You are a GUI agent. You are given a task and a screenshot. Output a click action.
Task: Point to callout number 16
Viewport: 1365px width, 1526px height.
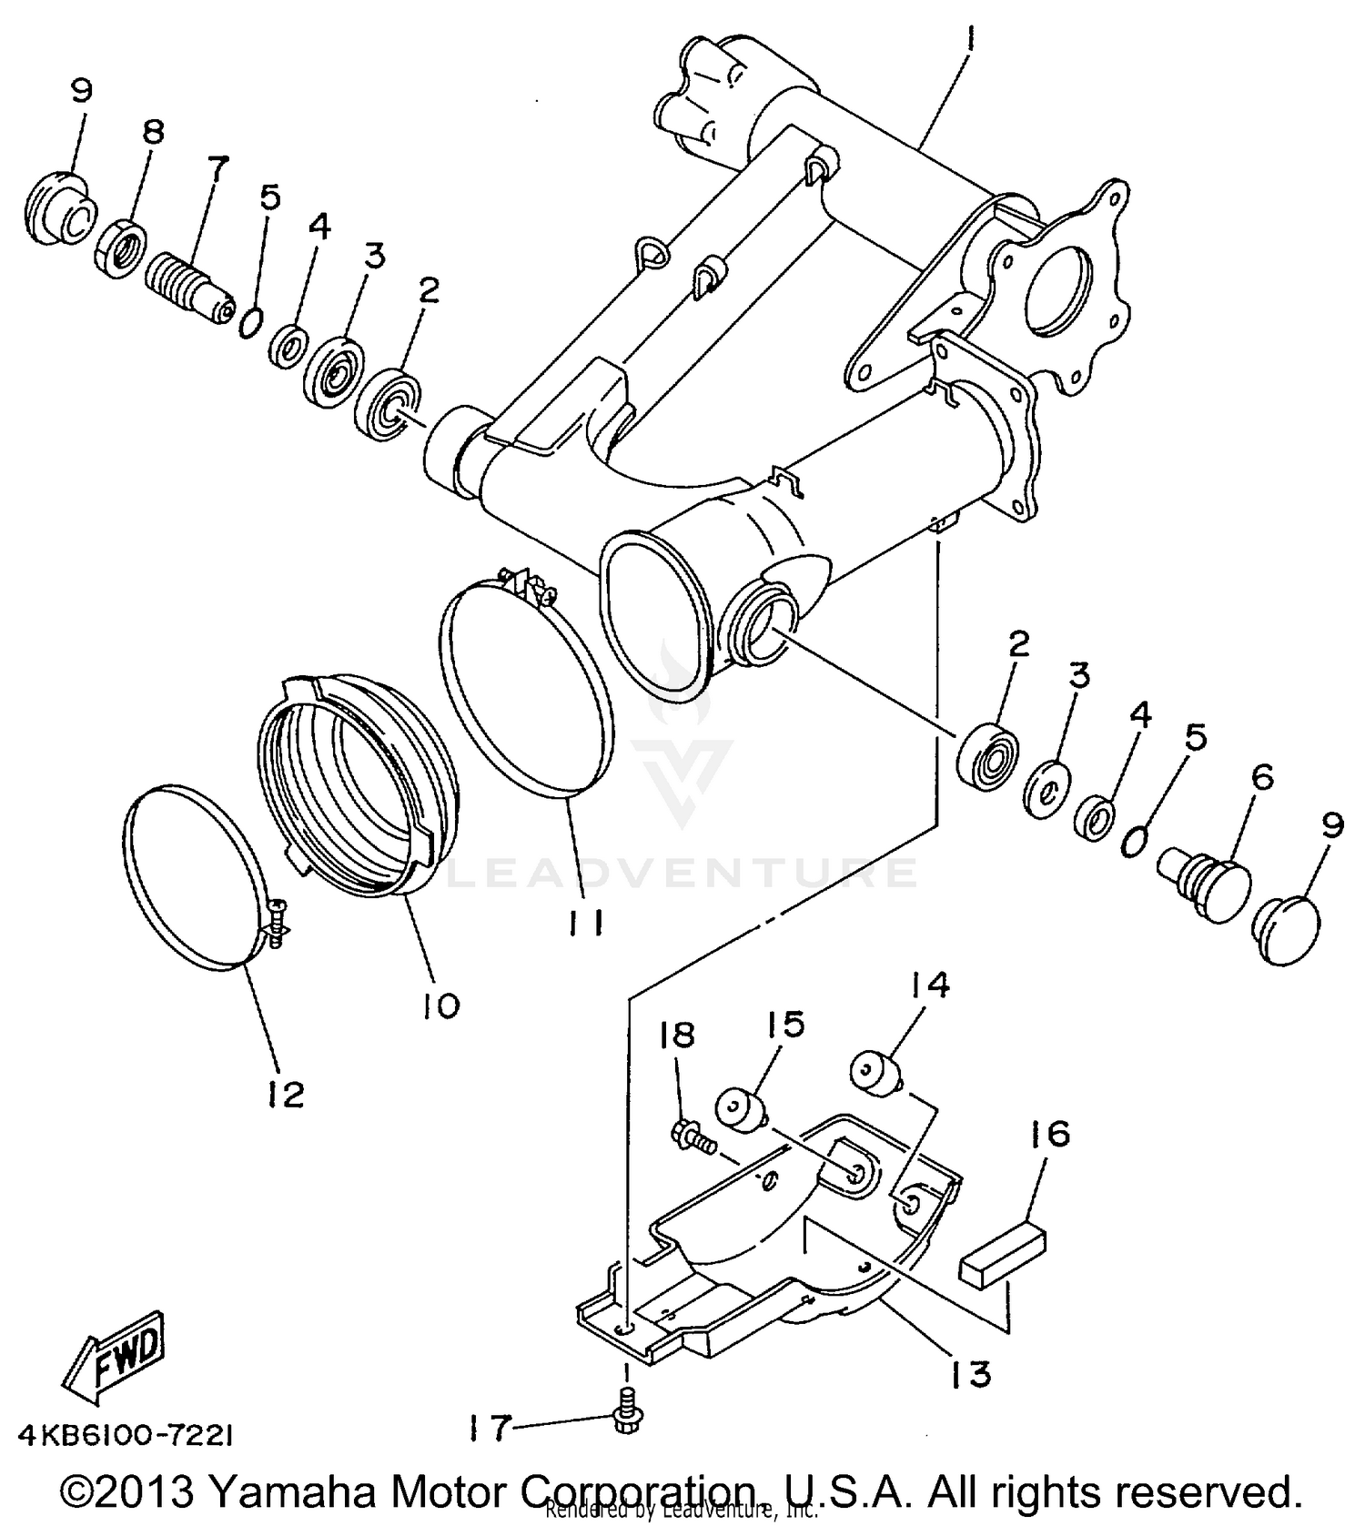click(1049, 1135)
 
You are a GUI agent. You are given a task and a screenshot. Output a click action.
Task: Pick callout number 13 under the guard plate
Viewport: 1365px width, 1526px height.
click(970, 1374)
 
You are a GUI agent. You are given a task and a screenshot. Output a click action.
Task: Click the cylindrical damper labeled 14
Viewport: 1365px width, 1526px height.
click(875, 1072)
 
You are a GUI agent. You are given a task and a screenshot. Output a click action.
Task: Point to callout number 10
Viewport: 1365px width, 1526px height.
click(440, 1006)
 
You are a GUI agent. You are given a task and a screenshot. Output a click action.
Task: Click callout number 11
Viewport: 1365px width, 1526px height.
click(582, 923)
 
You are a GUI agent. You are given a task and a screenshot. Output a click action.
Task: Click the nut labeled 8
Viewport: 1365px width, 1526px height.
click(120, 249)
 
